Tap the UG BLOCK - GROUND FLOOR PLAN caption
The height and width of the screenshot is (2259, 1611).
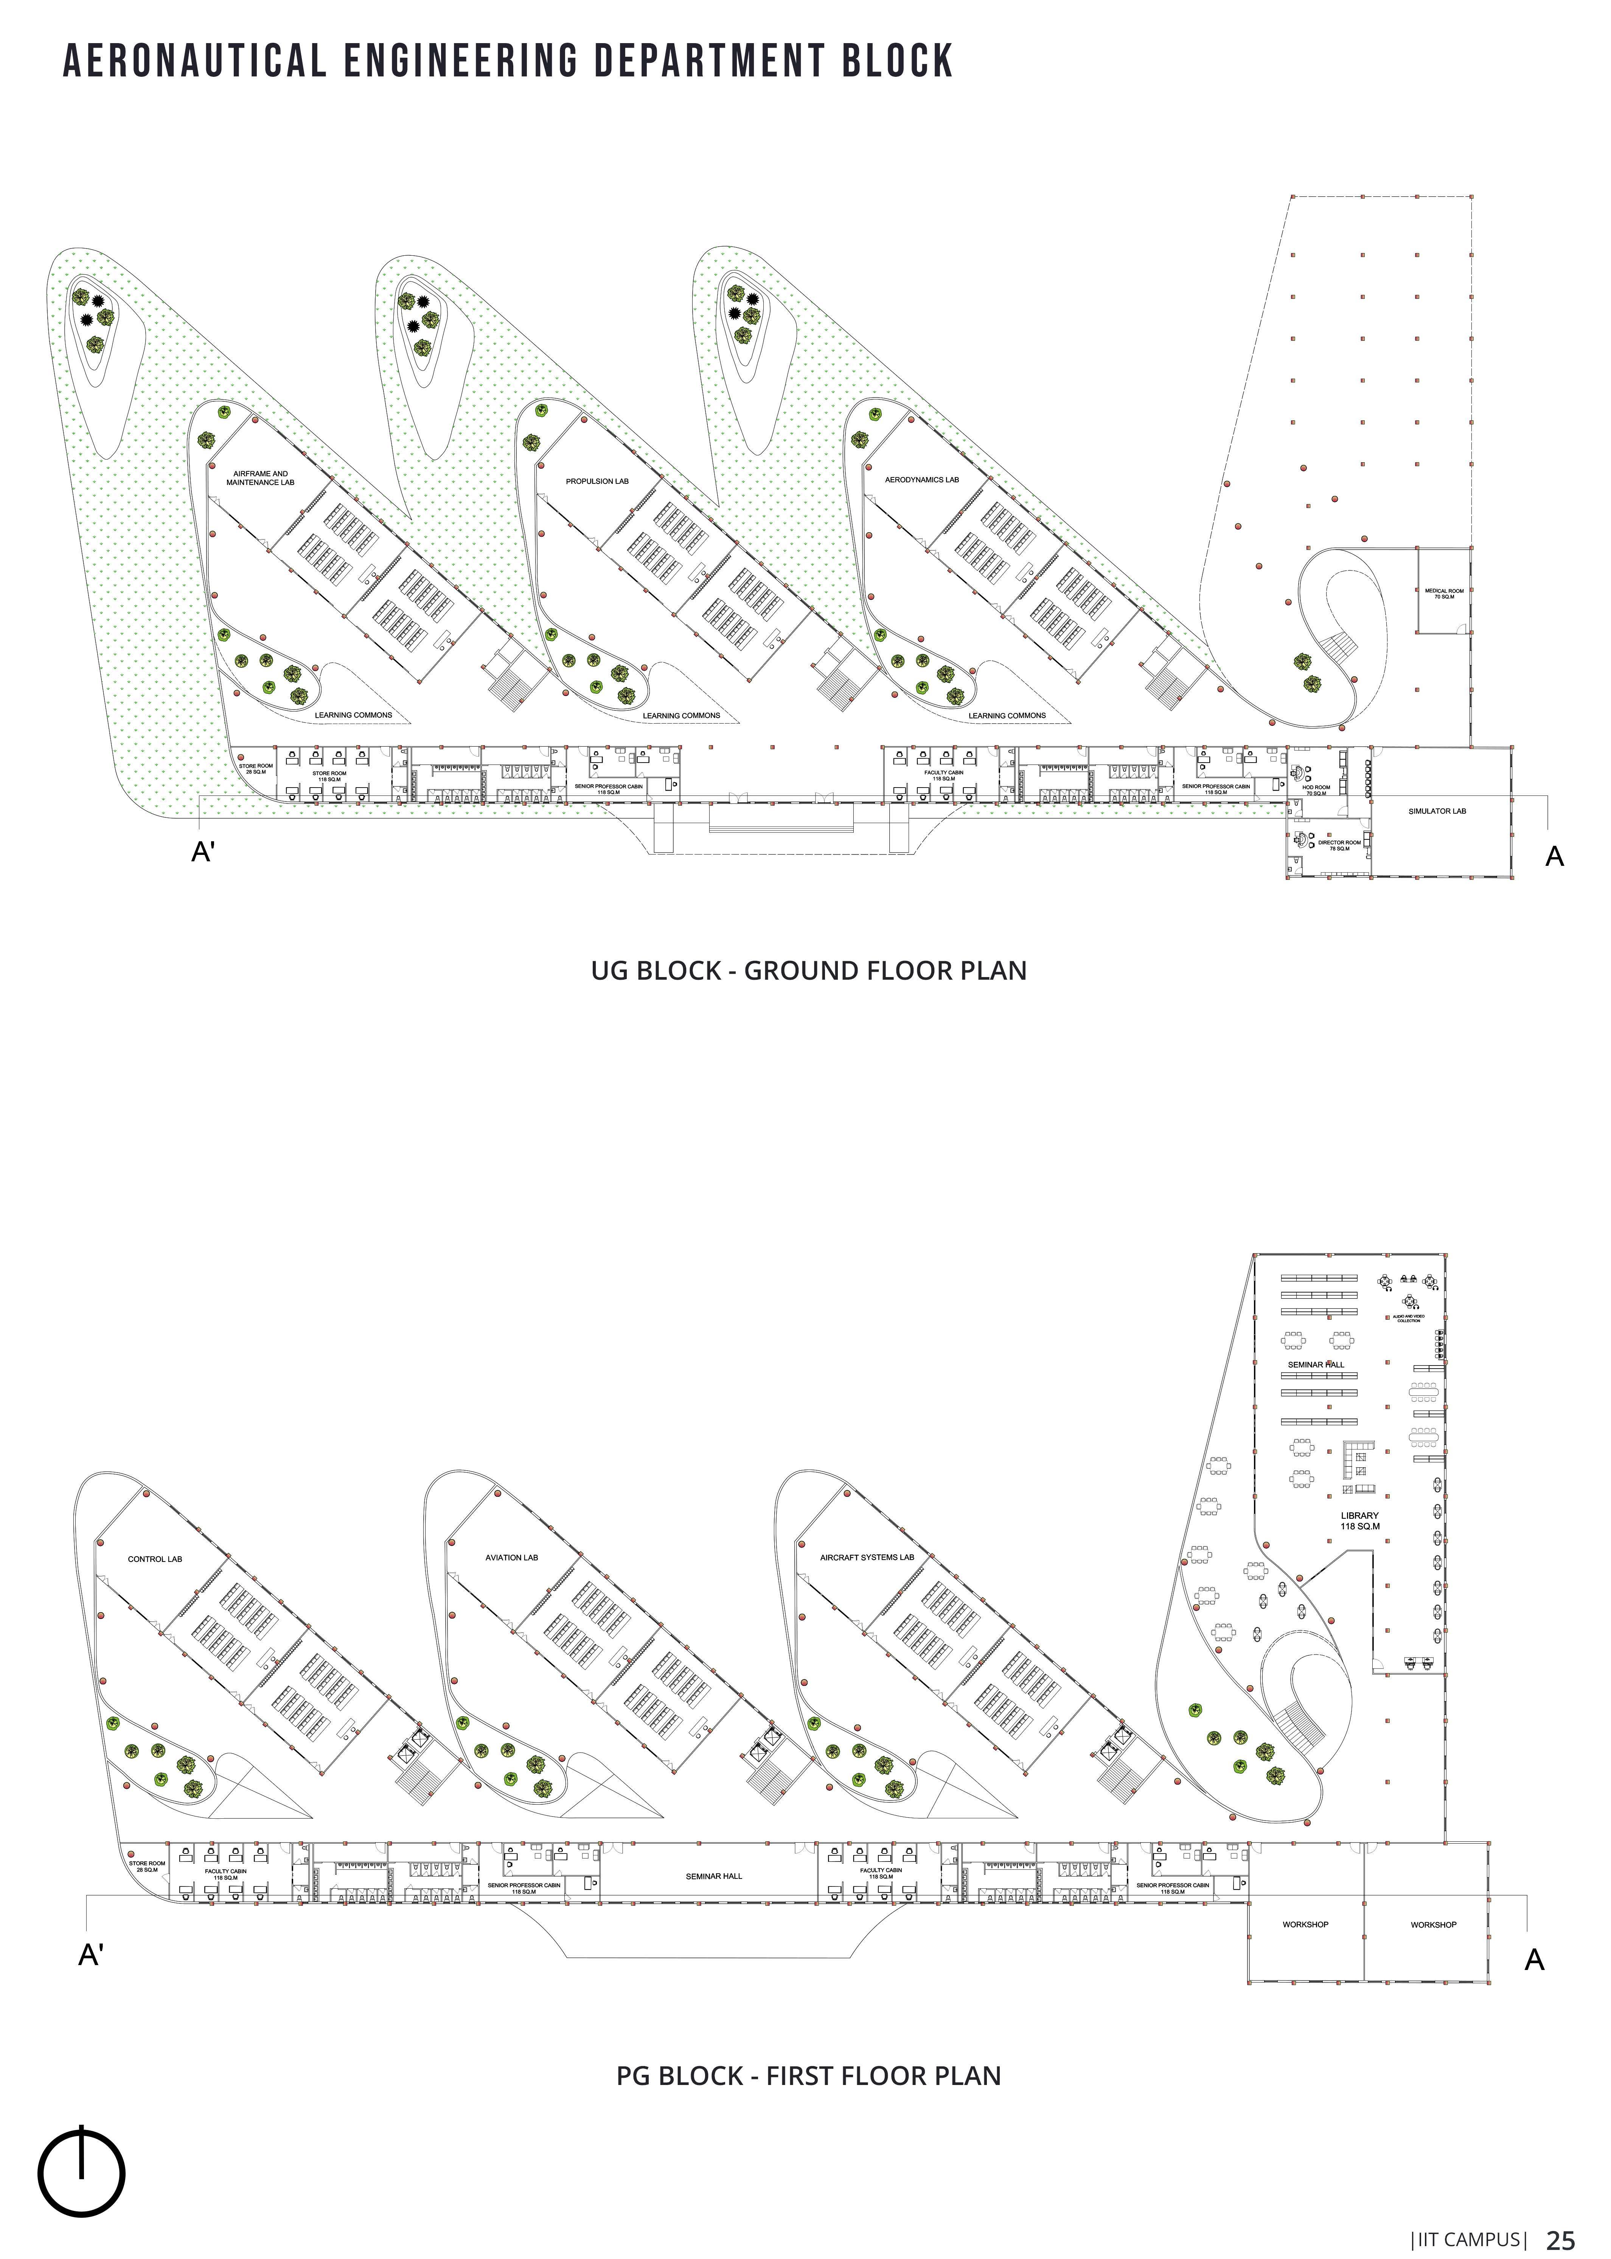coord(808,970)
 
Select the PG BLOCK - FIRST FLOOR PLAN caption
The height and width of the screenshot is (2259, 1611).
coord(808,2076)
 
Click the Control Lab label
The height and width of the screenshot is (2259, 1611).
coord(155,1560)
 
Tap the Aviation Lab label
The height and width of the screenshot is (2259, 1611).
coord(511,1558)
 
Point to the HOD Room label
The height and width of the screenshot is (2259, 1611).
coord(1315,790)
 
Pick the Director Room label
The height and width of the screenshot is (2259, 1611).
coord(1339,845)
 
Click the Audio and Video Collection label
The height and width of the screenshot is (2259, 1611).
coord(1409,1319)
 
